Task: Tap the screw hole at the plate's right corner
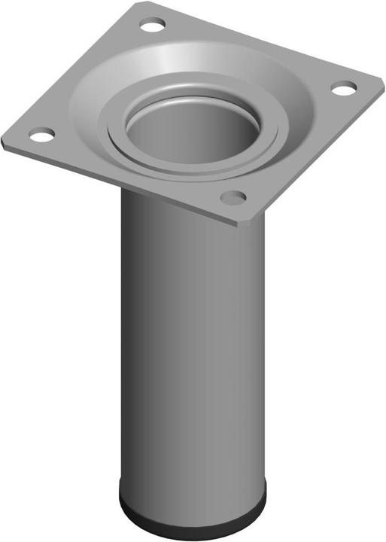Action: [x=343, y=89]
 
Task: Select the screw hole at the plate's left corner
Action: [x=41, y=136]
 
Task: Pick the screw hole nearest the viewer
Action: [x=233, y=198]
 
